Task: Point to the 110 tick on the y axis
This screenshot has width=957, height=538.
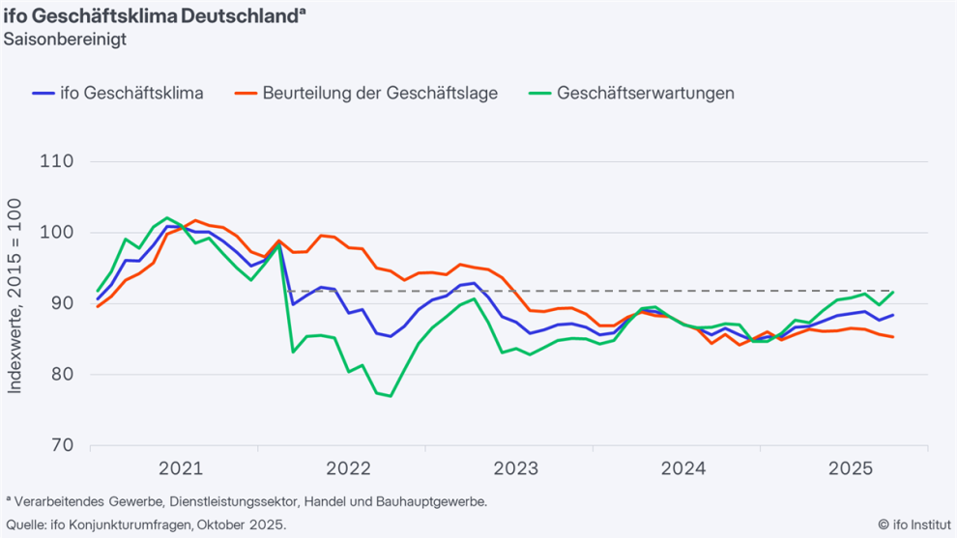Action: tap(60, 161)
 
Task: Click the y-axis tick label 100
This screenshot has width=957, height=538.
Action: tap(60, 233)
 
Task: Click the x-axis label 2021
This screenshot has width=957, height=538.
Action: tap(181, 469)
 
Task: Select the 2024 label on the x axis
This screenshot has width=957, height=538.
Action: tap(683, 469)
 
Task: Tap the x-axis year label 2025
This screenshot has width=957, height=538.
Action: tap(851, 469)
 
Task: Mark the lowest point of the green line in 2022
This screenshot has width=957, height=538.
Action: tap(390, 396)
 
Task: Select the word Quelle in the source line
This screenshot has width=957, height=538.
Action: tap(26, 524)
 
